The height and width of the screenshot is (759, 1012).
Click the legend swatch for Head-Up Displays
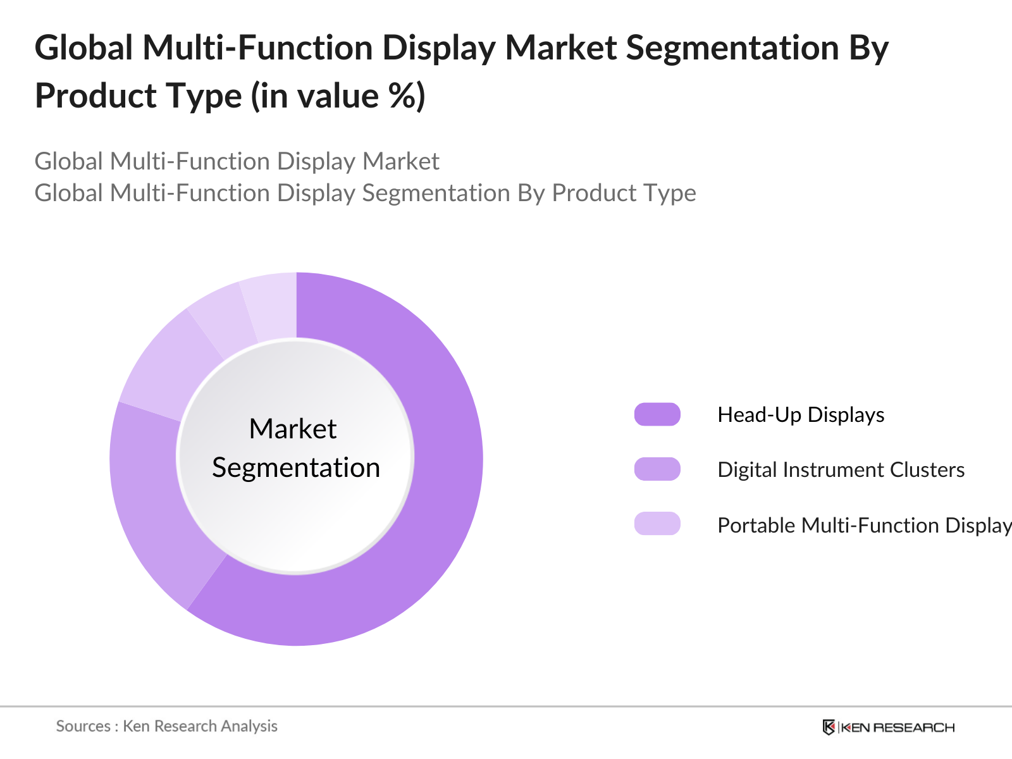point(657,414)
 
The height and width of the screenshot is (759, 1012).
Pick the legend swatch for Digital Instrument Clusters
point(657,469)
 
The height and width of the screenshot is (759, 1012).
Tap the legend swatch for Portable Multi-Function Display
point(657,524)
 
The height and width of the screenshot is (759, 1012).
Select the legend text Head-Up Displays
point(801,415)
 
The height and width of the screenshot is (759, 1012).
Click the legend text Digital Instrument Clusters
point(841,469)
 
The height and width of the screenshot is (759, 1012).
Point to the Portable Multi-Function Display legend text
point(865,526)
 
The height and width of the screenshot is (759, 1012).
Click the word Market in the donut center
point(293,429)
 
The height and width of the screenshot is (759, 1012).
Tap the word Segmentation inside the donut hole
point(296,468)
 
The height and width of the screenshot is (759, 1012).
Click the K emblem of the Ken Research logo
point(829,727)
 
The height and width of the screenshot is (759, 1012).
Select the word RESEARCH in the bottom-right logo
point(914,727)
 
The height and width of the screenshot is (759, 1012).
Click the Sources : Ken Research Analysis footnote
point(166,726)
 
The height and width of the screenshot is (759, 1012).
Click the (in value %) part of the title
point(338,96)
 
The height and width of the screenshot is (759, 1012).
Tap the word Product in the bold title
point(96,96)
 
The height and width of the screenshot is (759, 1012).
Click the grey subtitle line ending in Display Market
point(237,161)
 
